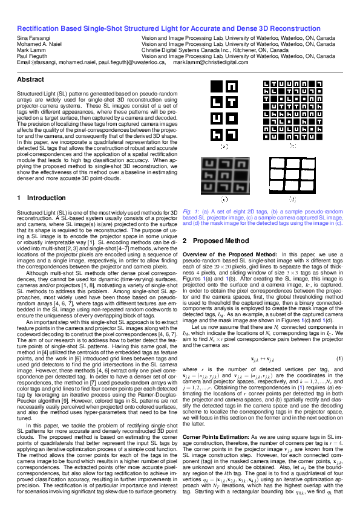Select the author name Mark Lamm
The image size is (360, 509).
tap(30, 50)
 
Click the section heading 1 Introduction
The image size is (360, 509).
tap(36, 198)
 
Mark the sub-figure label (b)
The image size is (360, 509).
tap(292, 146)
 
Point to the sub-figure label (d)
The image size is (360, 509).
tap(292, 199)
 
